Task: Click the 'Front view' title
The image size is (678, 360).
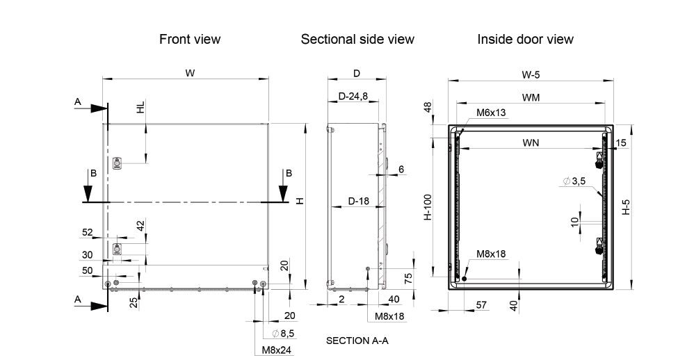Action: pos(190,40)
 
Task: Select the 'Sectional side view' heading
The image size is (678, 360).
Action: pos(357,40)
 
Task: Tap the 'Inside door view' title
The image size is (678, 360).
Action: pos(525,40)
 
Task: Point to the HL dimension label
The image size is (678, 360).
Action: pos(141,108)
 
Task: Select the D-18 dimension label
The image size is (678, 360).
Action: pos(359,202)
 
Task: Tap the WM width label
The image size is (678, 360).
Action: pos(531,98)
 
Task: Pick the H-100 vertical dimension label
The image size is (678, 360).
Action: pos(428,208)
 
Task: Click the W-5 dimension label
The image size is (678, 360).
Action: pos(531,75)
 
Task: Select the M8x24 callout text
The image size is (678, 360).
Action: pos(277,350)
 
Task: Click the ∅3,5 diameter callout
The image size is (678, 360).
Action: pos(575,182)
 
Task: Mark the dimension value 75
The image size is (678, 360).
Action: pos(409,278)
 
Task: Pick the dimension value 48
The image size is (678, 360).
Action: pos(428,107)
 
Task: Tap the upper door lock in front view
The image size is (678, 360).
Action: pos(117,163)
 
